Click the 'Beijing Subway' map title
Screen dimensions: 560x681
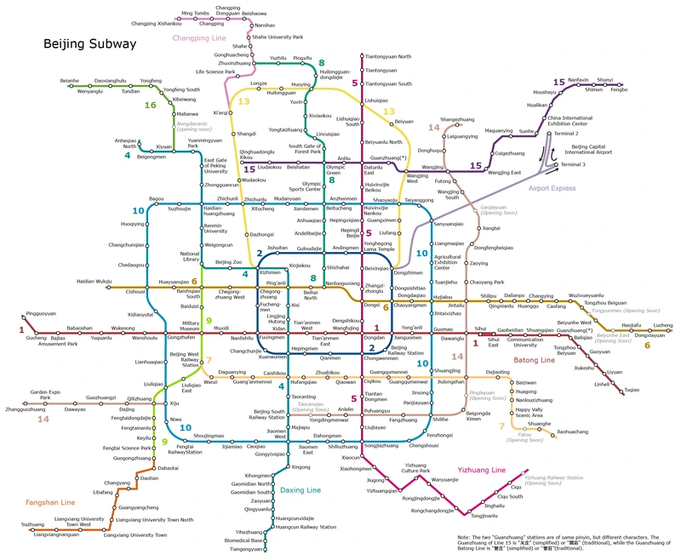(89, 43)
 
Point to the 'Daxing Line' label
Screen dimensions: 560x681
(301, 490)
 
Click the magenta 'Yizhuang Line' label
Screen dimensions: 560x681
(482, 470)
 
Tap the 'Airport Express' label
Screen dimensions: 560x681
(552, 189)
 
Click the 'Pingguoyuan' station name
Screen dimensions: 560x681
(41, 313)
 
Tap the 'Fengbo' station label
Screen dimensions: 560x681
(618, 89)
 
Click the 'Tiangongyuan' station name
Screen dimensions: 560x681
(246, 549)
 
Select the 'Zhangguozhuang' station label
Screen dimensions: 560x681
(26, 409)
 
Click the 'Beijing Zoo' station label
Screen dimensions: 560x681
(229, 262)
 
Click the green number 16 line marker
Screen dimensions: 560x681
(151, 106)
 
